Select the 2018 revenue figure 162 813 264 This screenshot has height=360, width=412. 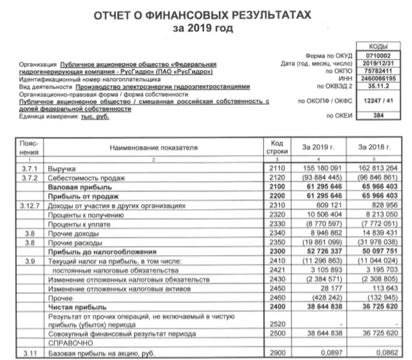coord(377,168)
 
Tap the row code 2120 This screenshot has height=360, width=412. coord(277,177)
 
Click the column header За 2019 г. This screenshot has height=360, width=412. coord(318,148)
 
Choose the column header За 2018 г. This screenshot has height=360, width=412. coord(374,148)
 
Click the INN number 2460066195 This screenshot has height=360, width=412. coord(378,78)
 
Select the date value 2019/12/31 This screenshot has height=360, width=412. coord(378,64)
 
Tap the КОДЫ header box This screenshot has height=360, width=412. coord(378,46)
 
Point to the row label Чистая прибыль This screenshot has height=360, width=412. coord(72,307)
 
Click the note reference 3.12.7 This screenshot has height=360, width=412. coord(29,206)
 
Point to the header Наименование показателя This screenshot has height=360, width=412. coord(154,148)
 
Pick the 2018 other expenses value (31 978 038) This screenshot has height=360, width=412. coord(377,243)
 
